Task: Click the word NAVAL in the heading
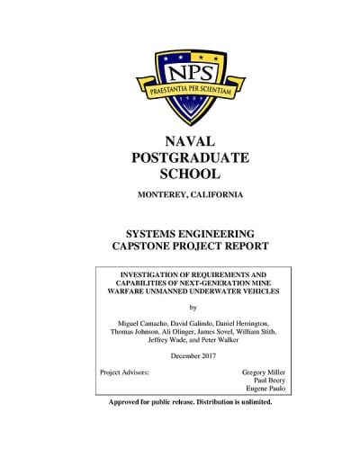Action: click(x=188, y=141)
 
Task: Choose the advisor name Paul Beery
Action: click(x=270, y=381)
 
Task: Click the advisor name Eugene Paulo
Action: click(x=267, y=390)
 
